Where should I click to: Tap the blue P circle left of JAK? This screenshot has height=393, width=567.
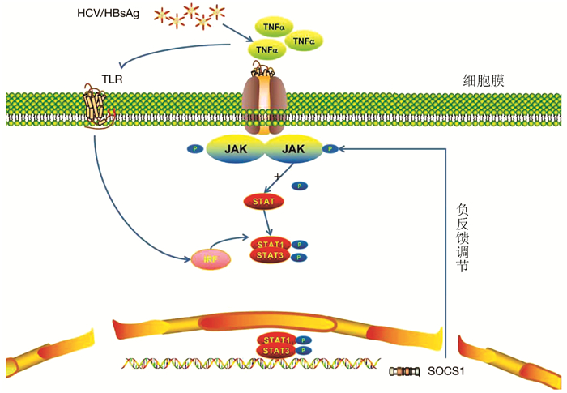click(x=194, y=148)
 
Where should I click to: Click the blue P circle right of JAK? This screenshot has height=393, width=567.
click(x=330, y=148)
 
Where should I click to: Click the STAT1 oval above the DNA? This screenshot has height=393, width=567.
click(x=275, y=339)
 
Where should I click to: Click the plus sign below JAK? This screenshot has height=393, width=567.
click(x=277, y=176)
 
